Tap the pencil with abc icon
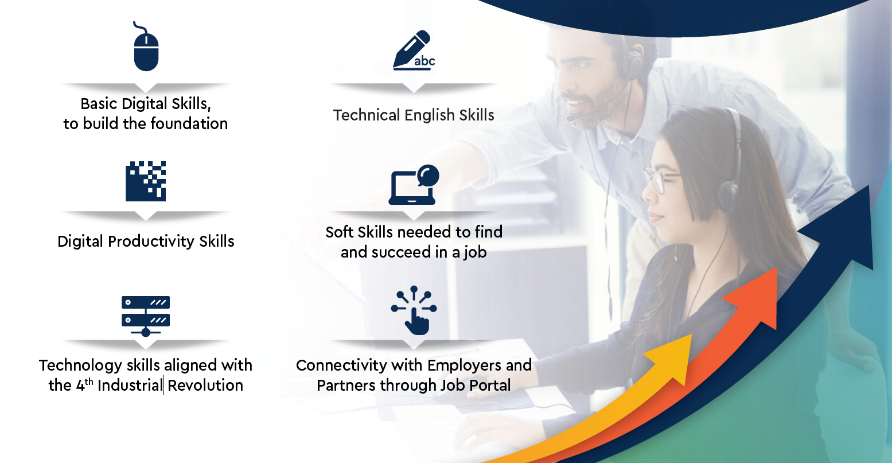[414, 50]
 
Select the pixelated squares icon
[146, 181]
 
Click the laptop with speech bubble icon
[414, 185]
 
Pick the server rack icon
[146, 316]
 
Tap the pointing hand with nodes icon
[414, 310]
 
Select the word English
[429, 115]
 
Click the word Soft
[339, 232]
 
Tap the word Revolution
[205, 386]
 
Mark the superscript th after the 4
[89, 382]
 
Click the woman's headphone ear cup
[729, 195]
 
